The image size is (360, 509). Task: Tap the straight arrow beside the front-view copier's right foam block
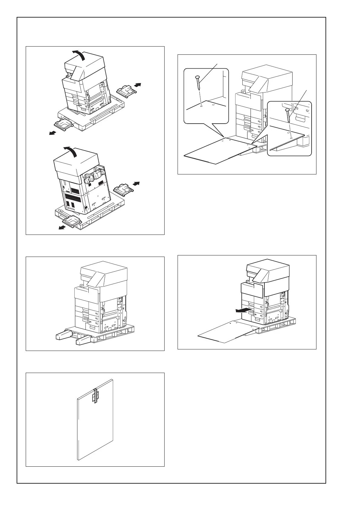(138, 85)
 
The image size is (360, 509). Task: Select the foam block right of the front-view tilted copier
(125, 90)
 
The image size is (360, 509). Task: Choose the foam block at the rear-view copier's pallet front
(72, 222)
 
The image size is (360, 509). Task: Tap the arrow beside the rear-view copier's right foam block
(137, 183)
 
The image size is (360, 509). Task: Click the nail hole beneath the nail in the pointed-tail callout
(202, 106)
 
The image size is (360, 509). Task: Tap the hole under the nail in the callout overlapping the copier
(291, 136)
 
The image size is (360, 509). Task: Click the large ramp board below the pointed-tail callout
(218, 151)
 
